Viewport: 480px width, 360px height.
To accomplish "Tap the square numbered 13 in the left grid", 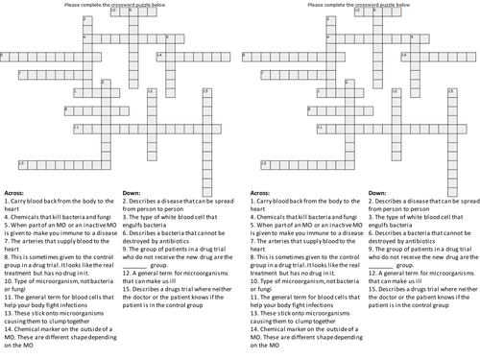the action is click(x=22, y=163).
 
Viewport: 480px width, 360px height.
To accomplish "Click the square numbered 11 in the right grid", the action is click(x=263, y=126).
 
